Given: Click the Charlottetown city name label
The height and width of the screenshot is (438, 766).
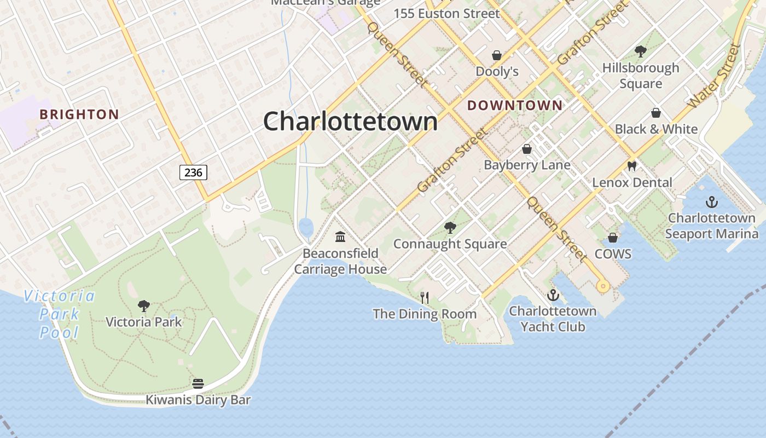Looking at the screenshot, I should (350, 121).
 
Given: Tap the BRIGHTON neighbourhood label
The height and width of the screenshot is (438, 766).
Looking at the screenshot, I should (79, 114).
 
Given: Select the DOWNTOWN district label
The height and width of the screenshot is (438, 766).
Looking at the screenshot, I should (514, 106).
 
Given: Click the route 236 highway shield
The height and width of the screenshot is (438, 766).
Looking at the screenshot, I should (193, 172).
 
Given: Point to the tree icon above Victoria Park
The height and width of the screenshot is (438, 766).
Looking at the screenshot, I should (144, 306).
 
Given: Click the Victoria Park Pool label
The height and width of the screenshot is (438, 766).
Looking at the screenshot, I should (59, 314).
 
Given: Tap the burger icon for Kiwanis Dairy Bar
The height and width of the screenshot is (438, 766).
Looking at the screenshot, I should (198, 384).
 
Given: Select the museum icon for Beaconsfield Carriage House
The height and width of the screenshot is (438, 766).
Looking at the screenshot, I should (340, 237).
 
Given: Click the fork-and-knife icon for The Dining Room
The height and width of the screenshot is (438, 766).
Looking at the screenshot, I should (425, 297).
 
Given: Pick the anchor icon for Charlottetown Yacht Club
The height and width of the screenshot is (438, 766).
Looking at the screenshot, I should (553, 295).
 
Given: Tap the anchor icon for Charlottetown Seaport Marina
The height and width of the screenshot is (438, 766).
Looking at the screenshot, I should (711, 202).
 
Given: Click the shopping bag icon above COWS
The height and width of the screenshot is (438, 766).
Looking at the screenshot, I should (613, 238).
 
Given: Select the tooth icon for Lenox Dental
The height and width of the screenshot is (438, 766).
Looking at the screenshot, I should (632, 166).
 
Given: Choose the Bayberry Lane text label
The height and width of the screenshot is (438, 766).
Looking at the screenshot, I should (527, 165).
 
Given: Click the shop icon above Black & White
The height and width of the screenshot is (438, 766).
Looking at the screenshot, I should (656, 113).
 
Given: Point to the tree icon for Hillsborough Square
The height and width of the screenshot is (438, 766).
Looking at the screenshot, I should (640, 51).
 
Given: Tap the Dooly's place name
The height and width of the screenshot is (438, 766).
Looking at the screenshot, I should (497, 71).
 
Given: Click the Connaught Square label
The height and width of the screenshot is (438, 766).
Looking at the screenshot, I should (450, 244).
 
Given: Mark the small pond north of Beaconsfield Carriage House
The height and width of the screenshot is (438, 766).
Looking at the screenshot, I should (306, 226).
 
